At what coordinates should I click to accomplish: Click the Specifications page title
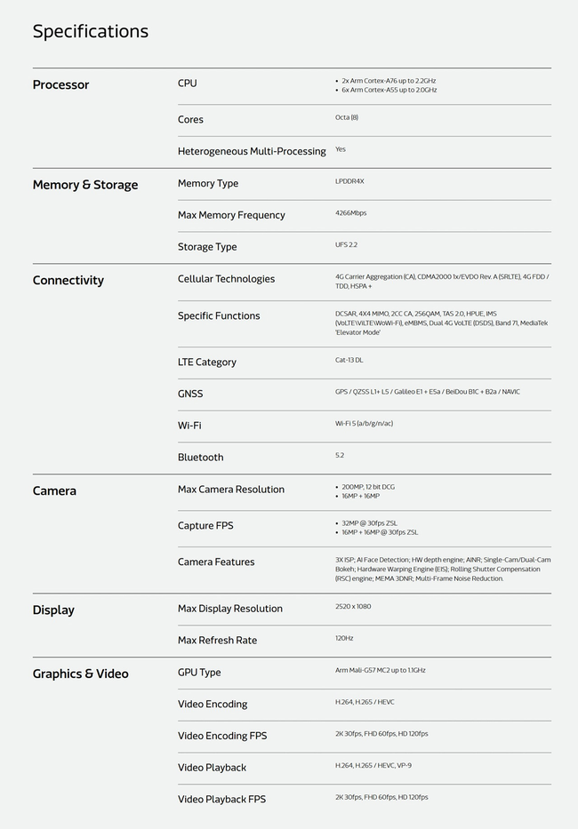point(90,31)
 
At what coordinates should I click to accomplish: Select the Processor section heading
point(60,85)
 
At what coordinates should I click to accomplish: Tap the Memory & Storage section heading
point(85,185)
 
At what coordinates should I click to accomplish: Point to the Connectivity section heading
point(68,281)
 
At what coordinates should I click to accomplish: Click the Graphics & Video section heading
point(80,674)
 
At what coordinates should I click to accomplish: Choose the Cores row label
point(190,120)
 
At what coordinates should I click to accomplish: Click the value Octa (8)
point(347,117)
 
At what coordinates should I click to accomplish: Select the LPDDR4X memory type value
point(349,181)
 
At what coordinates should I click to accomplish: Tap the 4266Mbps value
point(350,213)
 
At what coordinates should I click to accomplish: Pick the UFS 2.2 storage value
point(346,244)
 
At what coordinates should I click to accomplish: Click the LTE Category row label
point(206,363)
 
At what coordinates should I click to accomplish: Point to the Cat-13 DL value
point(349,360)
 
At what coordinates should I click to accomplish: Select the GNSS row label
point(190,394)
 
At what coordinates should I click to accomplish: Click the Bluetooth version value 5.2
point(340,455)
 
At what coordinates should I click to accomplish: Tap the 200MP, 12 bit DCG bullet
point(368,487)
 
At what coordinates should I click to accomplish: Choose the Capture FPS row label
point(205,526)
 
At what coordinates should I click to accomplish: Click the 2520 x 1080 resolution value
point(353,606)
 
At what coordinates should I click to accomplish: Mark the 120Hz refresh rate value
point(344,638)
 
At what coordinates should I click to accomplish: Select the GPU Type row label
point(199,673)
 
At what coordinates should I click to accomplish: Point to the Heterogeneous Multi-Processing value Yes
point(341,149)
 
